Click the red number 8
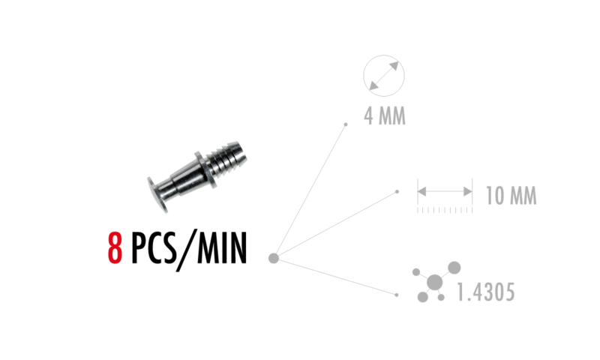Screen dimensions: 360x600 point(115,247)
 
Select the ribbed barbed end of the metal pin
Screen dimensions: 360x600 point(228,155)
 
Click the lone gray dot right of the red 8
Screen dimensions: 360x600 point(274,258)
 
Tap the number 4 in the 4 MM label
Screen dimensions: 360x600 point(369,116)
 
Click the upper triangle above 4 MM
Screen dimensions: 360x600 point(394,66)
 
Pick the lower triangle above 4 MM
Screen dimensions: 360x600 point(373,86)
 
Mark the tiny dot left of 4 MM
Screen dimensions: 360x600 point(346,124)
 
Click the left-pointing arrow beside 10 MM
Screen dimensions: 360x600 point(422,191)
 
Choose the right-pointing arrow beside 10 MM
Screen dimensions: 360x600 point(467,191)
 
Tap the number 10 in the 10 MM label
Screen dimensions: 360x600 point(494,196)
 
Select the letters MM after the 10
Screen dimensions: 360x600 point(523,196)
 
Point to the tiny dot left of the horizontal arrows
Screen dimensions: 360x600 point(397,192)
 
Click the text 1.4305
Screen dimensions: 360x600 point(485,292)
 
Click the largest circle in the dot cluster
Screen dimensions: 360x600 point(434,282)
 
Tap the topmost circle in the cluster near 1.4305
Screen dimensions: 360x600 point(454,267)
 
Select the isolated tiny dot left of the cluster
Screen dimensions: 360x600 point(396,295)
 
